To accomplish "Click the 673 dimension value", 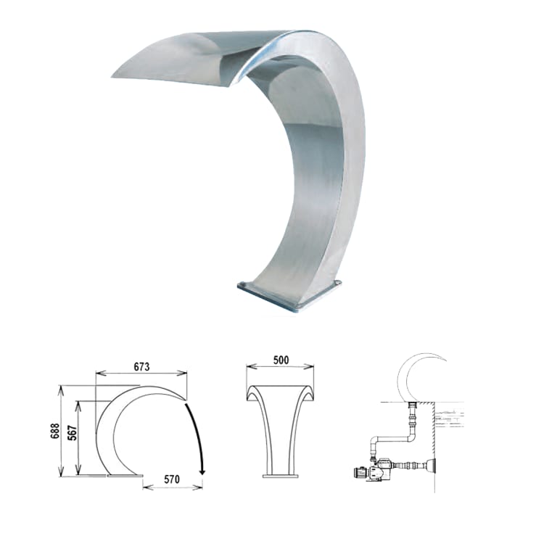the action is coord(141,367).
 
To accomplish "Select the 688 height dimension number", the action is coord(55,431).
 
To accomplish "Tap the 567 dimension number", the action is coord(73,432).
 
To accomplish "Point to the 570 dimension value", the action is coord(172,479).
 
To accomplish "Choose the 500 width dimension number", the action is coord(281,360).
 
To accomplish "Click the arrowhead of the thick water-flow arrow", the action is coord(202,472).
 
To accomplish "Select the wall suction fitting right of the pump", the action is coord(432,464).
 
